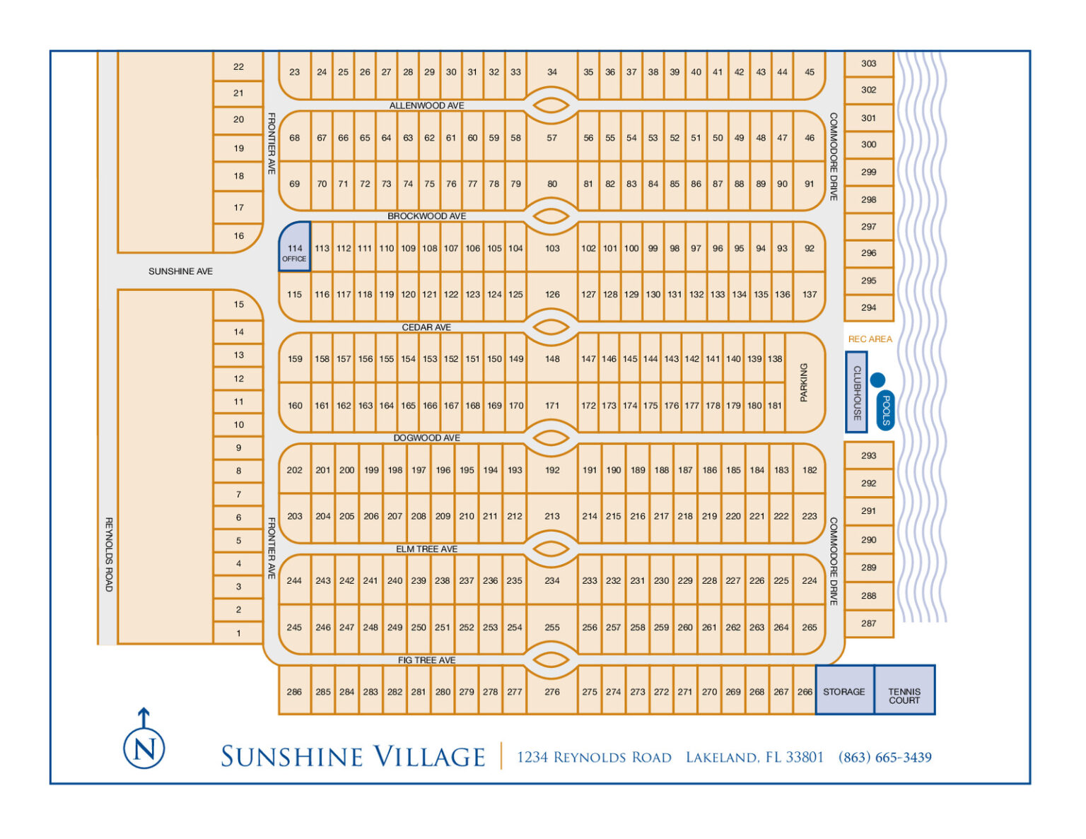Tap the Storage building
pyautogui.click(x=844, y=691)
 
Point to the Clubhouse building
pyautogui.click(x=856, y=392)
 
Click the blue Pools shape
pyautogui.click(x=885, y=410)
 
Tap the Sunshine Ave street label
pyautogui.click(x=180, y=271)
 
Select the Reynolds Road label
pyautogui.click(x=109, y=554)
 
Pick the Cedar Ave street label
pyautogui.click(x=426, y=327)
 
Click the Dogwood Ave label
pyautogui.click(x=426, y=438)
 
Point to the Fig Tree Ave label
pyautogui.click(x=426, y=660)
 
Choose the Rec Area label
pyautogui.click(x=870, y=339)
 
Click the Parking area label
pyautogui.click(x=804, y=382)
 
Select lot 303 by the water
pyautogui.click(x=869, y=64)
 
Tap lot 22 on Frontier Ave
pyautogui.click(x=238, y=66)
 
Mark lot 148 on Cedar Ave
pyautogui.click(x=552, y=359)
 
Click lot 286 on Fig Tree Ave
pyautogui.click(x=294, y=692)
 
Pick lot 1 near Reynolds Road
pyautogui.click(x=238, y=633)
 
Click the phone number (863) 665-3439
pyautogui.click(x=884, y=758)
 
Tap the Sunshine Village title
pyautogui.click(x=353, y=757)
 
